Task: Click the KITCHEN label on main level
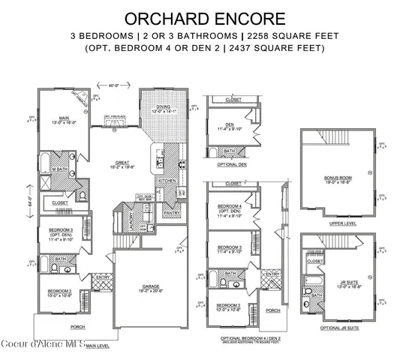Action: [167, 181]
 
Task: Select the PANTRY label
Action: [171, 213]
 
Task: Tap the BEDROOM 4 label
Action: [229, 205]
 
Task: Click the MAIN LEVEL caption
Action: [98, 346]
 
